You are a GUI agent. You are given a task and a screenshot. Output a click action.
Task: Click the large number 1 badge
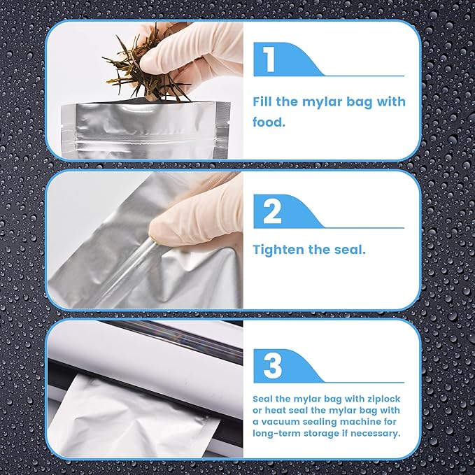click(x=269, y=59)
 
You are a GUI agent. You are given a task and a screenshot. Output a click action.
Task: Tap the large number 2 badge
click(x=272, y=211)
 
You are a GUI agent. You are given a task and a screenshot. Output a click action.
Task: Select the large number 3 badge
click(x=272, y=366)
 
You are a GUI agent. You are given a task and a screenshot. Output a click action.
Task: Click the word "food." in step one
click(x=269, y=122)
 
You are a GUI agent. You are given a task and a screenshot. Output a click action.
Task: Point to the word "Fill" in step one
click(x=262, y=101)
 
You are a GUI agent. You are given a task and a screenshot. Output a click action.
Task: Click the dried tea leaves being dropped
click(x=143, y=71)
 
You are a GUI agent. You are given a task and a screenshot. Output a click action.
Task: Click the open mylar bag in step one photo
click(x=146, y=130)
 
